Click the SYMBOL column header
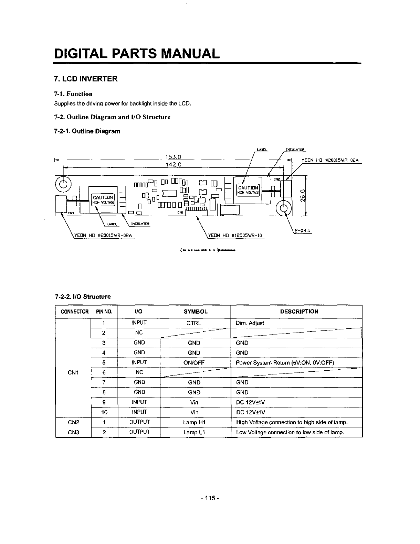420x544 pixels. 196,312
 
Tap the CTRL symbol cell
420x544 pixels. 194,323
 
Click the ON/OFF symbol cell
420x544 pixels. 194,362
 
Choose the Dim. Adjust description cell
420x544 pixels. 250,323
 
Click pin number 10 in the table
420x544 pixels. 104,412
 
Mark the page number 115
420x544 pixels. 210,498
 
